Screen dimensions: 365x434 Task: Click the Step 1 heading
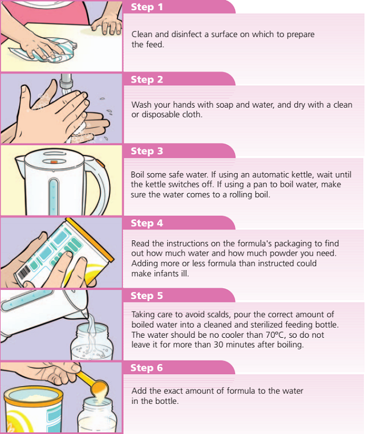coord(147,7)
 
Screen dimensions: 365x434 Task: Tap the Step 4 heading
coord(147,223)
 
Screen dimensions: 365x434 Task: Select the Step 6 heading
coord(147,368)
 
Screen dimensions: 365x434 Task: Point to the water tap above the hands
coord(66,83)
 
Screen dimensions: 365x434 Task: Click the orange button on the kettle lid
coord(54,162)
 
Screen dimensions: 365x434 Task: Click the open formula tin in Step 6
coord(33,410)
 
